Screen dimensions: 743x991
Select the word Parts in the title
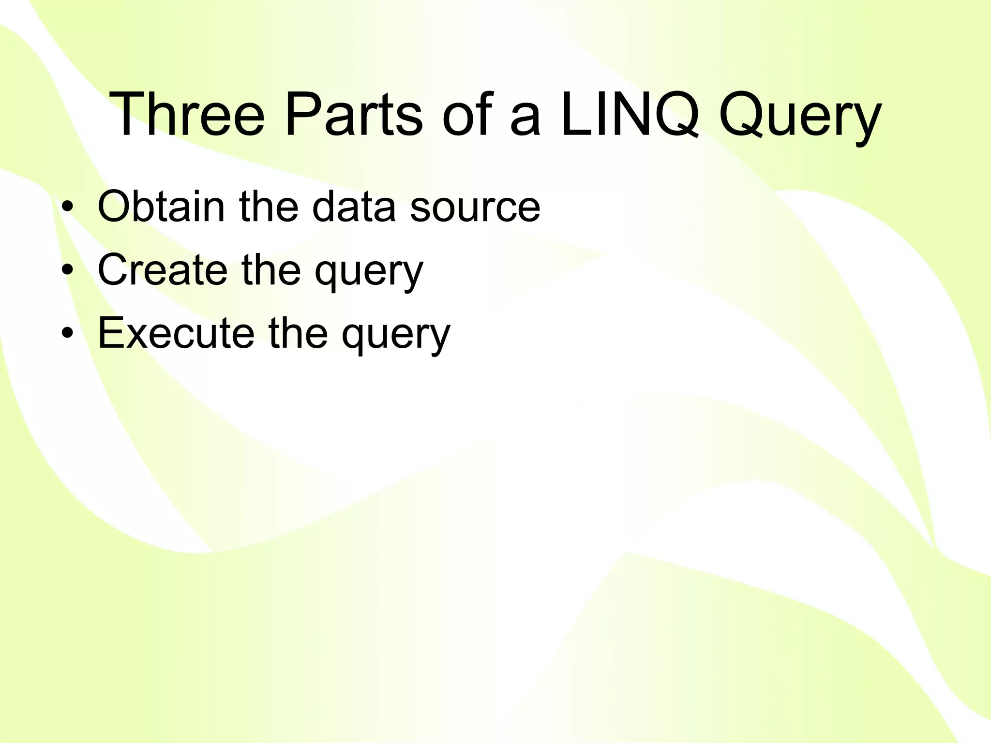[354, 115]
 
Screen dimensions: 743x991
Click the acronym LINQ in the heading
[629, 115]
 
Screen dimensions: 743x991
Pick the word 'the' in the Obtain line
[269, 207]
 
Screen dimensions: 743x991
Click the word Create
[163, 269]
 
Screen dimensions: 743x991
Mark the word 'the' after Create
[271, 269]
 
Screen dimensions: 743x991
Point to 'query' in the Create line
[369, 273]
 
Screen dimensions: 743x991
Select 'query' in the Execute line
[396, 337]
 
